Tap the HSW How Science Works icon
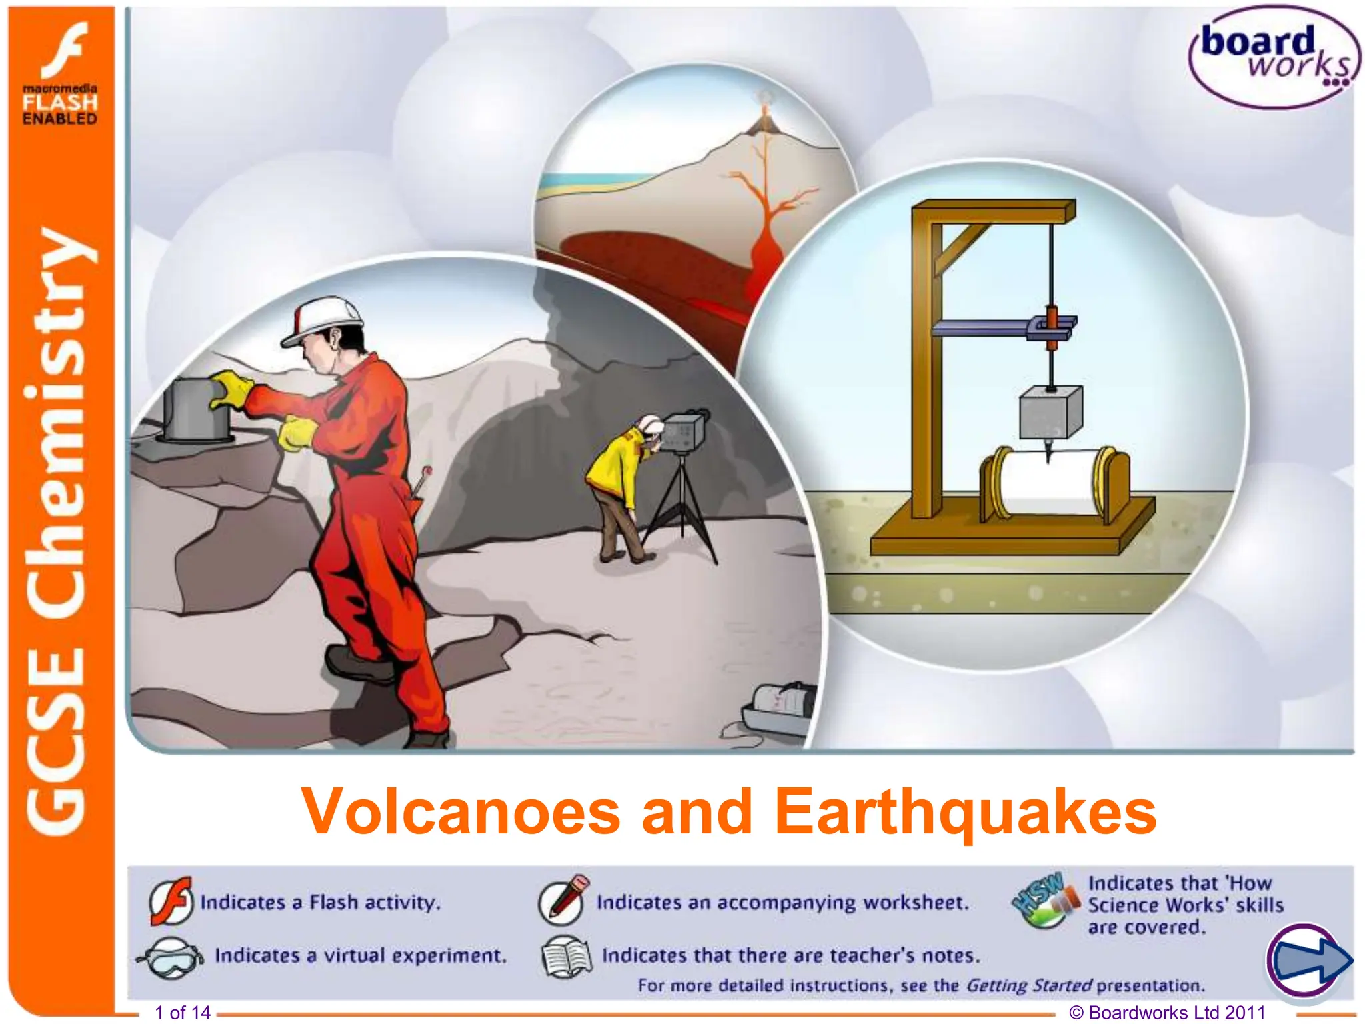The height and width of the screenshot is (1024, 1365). [1045, 901]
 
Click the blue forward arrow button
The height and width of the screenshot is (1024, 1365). [1308, 961]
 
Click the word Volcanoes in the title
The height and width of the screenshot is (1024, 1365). [461, 811]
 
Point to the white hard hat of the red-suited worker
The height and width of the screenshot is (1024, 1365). [323, 319]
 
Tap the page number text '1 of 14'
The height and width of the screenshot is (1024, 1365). [183, 1013]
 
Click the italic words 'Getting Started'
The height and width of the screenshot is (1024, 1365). [1028, 985]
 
